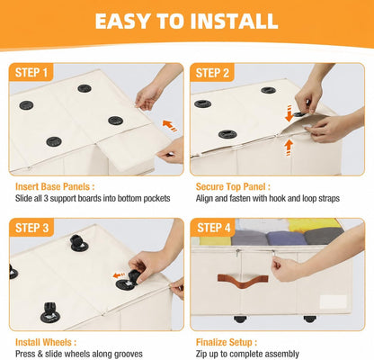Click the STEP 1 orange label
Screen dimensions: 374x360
(x=31, y=72)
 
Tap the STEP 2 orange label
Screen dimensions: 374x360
(x=212, y=73)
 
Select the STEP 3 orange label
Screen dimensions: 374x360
(x=31, y=228)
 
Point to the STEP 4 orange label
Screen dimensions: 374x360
(x=213, y=228)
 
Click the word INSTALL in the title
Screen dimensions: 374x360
(x=234, y=21)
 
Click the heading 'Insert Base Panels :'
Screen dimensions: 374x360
(x=55, y=186)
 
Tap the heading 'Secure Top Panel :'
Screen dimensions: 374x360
(x=233, y=186)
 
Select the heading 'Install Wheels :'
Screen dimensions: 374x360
(x=46, y=342)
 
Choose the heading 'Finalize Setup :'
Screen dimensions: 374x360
(x=227, y=342)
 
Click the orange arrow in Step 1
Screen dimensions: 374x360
(x=170, y=125)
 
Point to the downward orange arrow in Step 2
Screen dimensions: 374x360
(x=289, y=113)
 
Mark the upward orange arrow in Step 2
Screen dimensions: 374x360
(x=289, y=148)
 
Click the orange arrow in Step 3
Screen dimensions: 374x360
(x=119, y=275)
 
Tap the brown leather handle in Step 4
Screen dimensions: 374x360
(x=243, y=281)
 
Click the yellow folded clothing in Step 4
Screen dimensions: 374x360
(x=310, y=225)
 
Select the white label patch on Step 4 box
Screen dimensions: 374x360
(x=334, y=301)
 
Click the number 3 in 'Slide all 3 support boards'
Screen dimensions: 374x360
(x=46, y=198)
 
